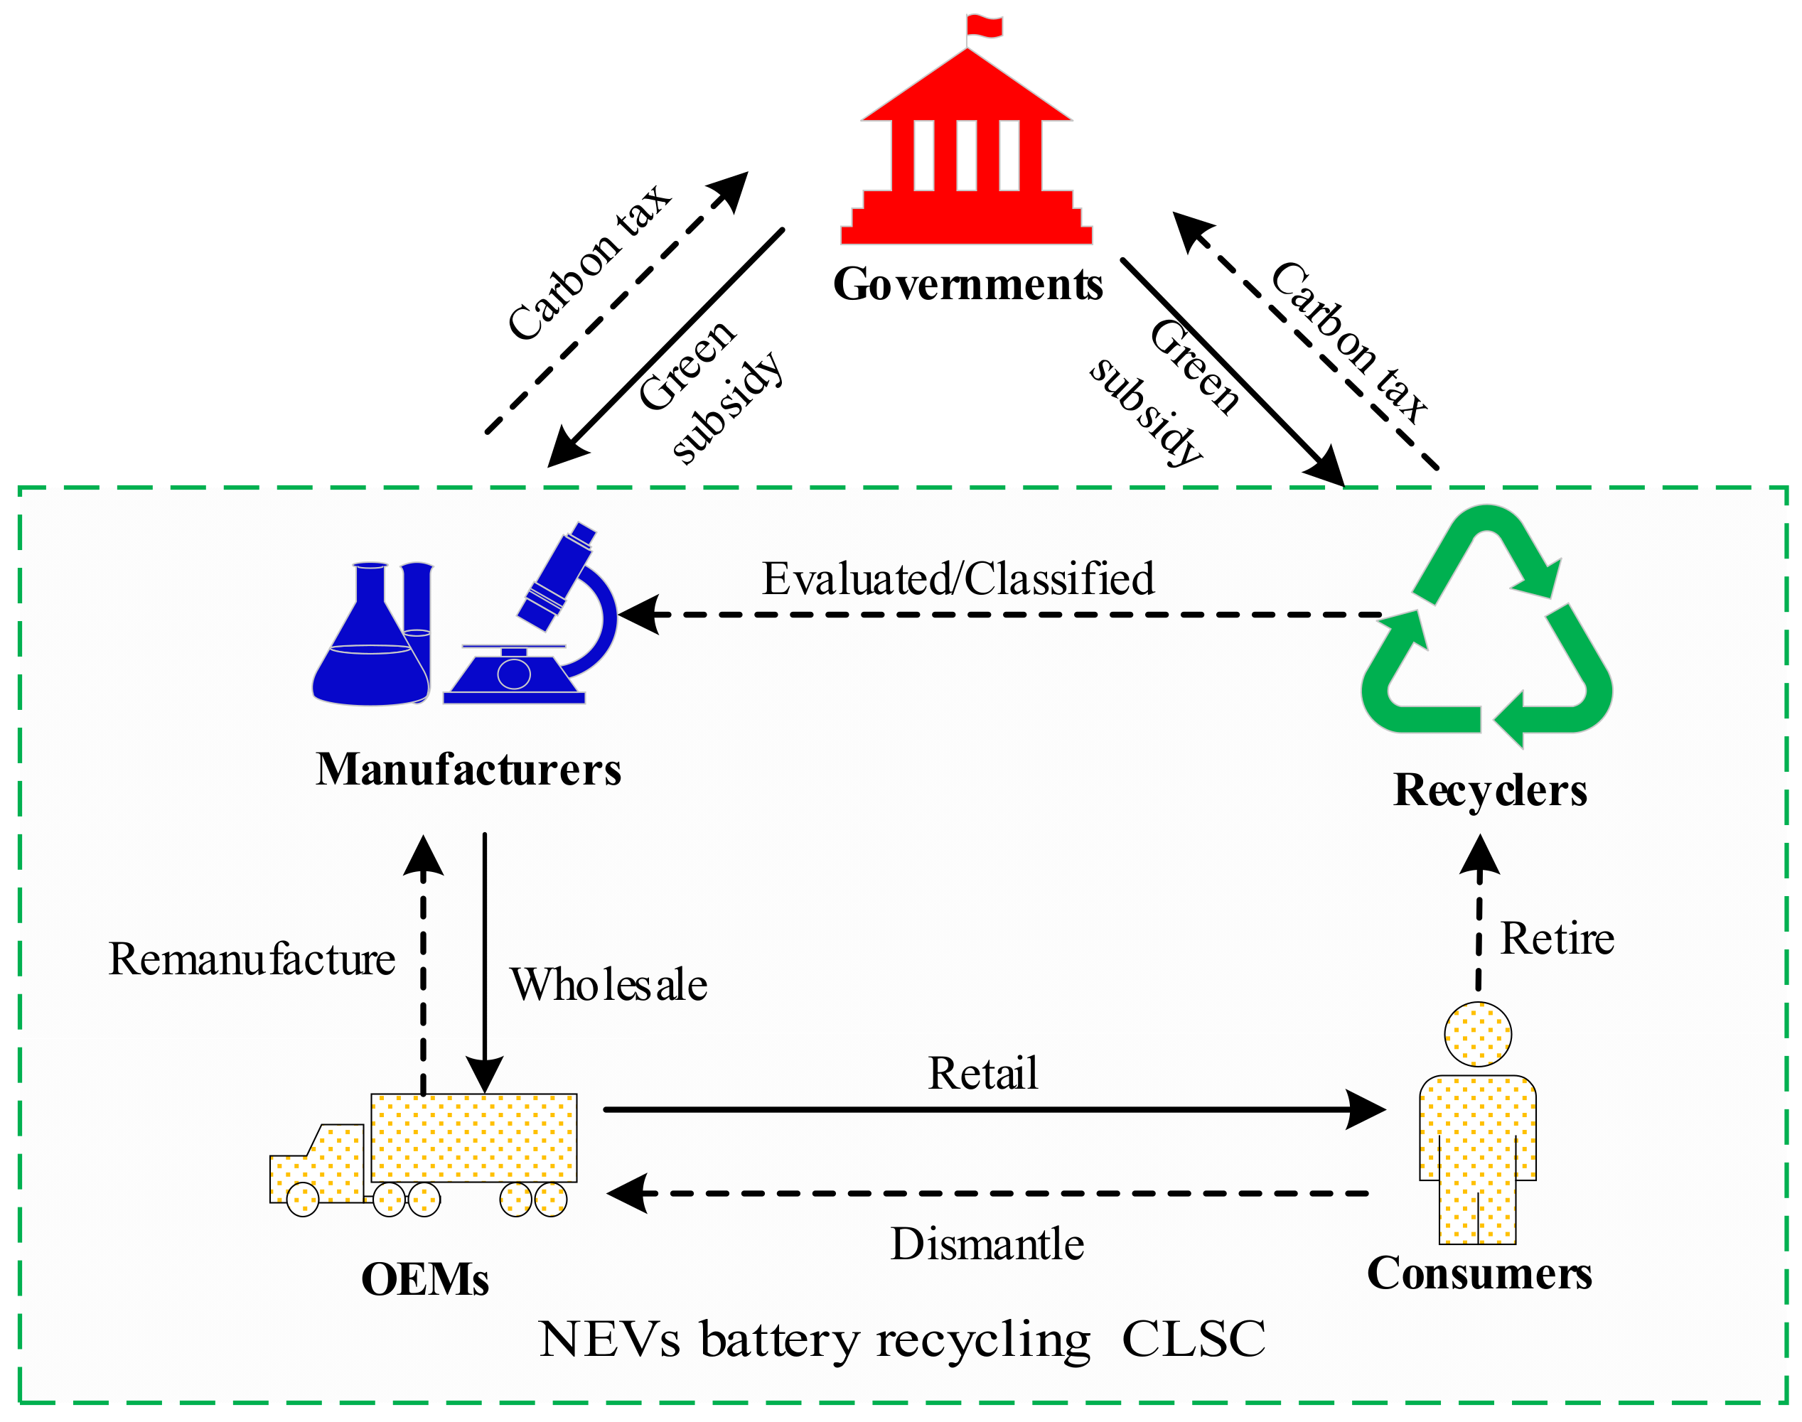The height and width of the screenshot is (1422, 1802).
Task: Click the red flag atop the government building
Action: coord(985,25)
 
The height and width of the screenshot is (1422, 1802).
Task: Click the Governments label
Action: coord(967,285)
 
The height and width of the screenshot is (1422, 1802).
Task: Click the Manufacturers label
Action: coord(468,770)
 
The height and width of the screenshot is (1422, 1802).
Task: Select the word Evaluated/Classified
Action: coord(958,579)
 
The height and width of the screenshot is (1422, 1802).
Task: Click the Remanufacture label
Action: coord(252,960)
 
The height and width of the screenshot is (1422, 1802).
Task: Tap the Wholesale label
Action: coord(608,986)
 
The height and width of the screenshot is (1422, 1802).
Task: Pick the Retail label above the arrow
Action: coord(982,1074)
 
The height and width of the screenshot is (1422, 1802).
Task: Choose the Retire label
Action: coord(1556,940)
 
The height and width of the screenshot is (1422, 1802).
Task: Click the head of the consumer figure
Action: coord(1477,1035)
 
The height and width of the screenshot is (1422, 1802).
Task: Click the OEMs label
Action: coord(424,1281)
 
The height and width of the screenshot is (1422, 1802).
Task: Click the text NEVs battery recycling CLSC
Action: coord(902,1340)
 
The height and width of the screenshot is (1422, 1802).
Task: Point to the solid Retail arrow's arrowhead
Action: coord(1366,1110)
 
